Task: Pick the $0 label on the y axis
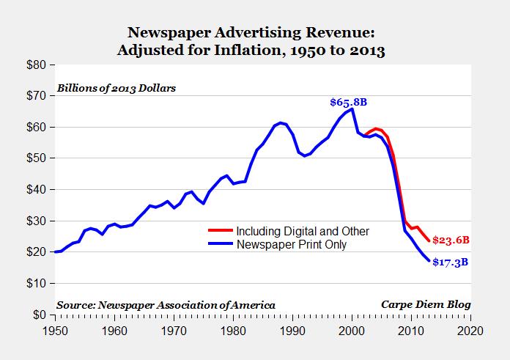tap(41, 315)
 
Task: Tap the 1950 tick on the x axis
tap(55, 330)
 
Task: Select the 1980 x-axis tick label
tap(234, 330)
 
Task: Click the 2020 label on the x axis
tap(468, 330)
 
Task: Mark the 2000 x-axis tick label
tap(352, 330)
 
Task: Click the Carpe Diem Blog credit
tap(425, 304)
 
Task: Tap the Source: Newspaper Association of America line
tap(166, 304)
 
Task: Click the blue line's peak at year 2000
tap(352, 109)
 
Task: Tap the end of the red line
tap(428, 240)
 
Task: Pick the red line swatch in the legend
tap(222, 232)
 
